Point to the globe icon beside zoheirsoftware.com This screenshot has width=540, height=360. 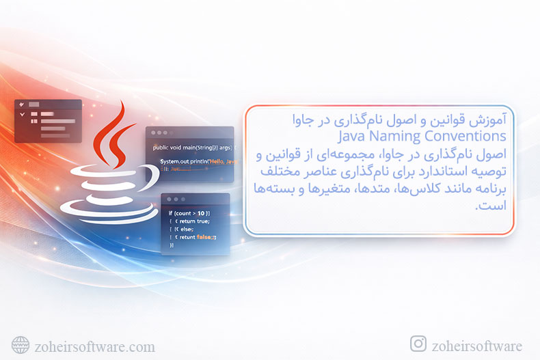point(21,346)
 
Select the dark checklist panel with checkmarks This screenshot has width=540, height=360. point(48,120)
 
